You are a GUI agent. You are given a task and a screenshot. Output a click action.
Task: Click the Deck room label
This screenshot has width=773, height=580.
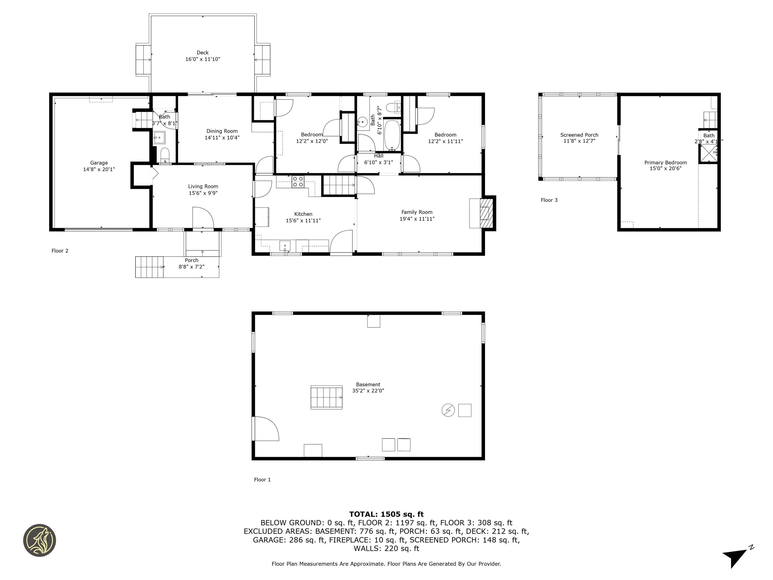(x=202, y=53)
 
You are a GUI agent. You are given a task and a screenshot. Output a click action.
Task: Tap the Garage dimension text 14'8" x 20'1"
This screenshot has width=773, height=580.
(x=99, y=169)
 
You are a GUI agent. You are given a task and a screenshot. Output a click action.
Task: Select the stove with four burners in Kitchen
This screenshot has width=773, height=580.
(x=298, y=182)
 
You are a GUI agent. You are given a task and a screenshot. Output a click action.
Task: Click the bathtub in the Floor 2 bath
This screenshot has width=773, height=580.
(x=392, y=136)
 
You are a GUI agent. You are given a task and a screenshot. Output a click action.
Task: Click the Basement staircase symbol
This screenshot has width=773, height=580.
(x=326, y=397)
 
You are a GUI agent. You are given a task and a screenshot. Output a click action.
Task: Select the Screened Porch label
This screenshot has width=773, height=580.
(x=579, y=135)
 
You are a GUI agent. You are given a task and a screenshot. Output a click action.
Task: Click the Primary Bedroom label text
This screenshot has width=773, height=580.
(x=665, y=163)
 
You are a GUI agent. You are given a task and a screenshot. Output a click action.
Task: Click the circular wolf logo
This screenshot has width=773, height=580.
(x=40, y=540)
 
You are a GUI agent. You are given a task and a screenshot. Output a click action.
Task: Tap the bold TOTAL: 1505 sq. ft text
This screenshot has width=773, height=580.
(x=386, y=514)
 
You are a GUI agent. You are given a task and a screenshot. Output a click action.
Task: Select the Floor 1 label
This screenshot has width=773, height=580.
(x=262, y=480)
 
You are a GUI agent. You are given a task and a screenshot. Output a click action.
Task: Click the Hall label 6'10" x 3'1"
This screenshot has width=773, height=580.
(x=378, y=159)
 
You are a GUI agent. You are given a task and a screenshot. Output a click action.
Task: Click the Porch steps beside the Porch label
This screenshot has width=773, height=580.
(x=149, y=267)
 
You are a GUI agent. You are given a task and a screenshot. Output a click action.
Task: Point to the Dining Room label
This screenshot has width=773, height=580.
(x=222, y=131)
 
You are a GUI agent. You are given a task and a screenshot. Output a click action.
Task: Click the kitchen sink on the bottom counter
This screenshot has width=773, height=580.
(x=285, y=246)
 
